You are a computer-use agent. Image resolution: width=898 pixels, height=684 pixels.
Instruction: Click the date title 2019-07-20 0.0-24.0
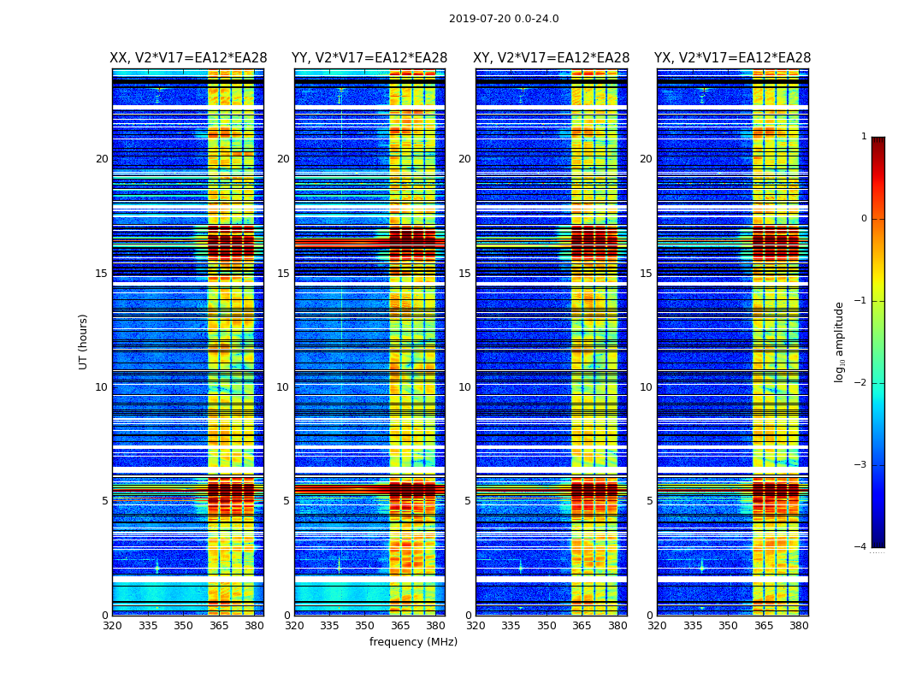[504, 19]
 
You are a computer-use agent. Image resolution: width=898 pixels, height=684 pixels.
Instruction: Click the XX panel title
[188, 58]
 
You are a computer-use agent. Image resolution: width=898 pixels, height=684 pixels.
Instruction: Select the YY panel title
[369, 58]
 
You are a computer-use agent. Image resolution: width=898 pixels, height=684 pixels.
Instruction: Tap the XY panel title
[552, 58]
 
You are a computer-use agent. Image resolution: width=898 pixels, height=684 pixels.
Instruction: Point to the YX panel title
[733, 58]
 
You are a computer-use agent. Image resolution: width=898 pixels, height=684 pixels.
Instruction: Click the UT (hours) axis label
[84, 341]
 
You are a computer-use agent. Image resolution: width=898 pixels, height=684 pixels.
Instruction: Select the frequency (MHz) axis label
[413, 642]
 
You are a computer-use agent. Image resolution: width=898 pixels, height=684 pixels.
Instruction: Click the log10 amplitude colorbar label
[840, 341]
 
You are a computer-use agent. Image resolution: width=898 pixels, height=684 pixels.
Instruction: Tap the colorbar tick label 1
[864, 137]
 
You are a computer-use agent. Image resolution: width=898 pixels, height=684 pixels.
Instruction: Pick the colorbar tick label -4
[861, 547]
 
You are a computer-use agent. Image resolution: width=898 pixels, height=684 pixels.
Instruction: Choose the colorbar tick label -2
[861, 383]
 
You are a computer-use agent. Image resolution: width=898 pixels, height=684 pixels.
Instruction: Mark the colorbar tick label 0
[864, 219]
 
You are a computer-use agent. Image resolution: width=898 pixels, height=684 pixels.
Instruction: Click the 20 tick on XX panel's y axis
[102, 159]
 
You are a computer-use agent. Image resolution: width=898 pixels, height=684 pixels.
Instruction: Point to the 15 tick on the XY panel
[464, 274]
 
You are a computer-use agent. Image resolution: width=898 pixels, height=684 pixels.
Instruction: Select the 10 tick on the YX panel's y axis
[646, 387]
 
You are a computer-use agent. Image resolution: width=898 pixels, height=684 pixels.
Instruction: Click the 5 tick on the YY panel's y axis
[287, 501]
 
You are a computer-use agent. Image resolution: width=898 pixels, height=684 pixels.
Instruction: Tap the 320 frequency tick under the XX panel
[113, 626]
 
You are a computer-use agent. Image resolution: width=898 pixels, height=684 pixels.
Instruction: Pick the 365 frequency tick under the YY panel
[400, 626]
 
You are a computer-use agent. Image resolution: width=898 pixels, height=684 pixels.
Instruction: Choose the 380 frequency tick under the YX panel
[799, 626]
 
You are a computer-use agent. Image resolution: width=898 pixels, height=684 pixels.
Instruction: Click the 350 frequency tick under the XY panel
[546, 626]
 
